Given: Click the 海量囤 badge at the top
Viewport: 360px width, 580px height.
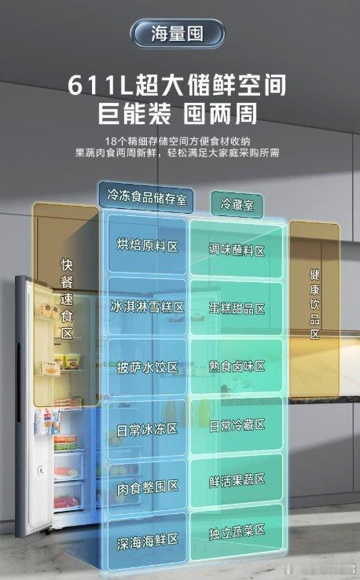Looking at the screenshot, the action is (177, 34).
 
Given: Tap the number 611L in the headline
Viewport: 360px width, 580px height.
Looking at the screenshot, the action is (100, 86).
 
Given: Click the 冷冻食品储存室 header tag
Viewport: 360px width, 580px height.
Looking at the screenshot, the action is (145, 197).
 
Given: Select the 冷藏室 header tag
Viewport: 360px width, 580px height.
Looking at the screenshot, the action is (237, 204).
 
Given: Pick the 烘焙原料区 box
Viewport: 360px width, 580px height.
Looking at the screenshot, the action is (147, 244).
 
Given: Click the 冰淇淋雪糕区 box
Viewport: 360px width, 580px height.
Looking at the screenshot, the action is (147, 307).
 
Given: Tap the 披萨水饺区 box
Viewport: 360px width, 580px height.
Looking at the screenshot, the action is (147, 367).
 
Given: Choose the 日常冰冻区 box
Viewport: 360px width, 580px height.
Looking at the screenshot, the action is (147, 429).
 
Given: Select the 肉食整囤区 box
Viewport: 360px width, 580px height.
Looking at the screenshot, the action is (147, 487).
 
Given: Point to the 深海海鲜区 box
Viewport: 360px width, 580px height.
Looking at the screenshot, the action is (147, 541).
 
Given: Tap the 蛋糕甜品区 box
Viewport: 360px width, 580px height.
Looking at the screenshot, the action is (237, 308).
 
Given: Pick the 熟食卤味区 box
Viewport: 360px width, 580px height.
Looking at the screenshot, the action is (237, 366).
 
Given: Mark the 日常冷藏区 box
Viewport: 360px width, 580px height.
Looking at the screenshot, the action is (237, 425).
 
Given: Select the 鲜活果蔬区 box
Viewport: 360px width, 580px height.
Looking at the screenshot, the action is (237, 480).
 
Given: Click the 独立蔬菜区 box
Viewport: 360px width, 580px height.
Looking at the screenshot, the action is (237, 533).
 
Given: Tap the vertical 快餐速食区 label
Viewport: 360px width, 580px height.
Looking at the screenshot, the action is (67, 299).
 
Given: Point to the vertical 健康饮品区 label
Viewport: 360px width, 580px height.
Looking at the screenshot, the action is (314, 304).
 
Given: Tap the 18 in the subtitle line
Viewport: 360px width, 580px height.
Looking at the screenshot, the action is (111, 141).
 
